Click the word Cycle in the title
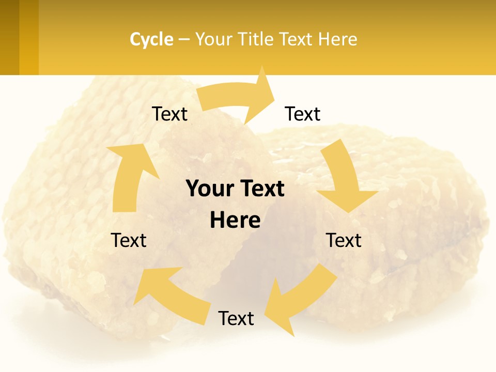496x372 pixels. [x=151, y=39]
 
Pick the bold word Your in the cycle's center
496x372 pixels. [x=207, y=189]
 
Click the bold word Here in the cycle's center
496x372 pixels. [x=235, y=221]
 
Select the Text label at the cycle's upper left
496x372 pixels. [x=169, y=114]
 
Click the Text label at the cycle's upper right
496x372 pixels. [x=303, y=114]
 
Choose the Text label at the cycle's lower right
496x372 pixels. [x=344, y=240]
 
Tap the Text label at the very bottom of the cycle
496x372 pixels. [x=236, y=318]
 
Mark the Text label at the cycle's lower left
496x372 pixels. [x=129, y=240]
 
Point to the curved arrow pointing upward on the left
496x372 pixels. [x=127, y=176]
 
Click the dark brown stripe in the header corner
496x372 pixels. [x=9, y=37]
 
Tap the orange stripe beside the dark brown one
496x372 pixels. [x=29, y=37]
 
